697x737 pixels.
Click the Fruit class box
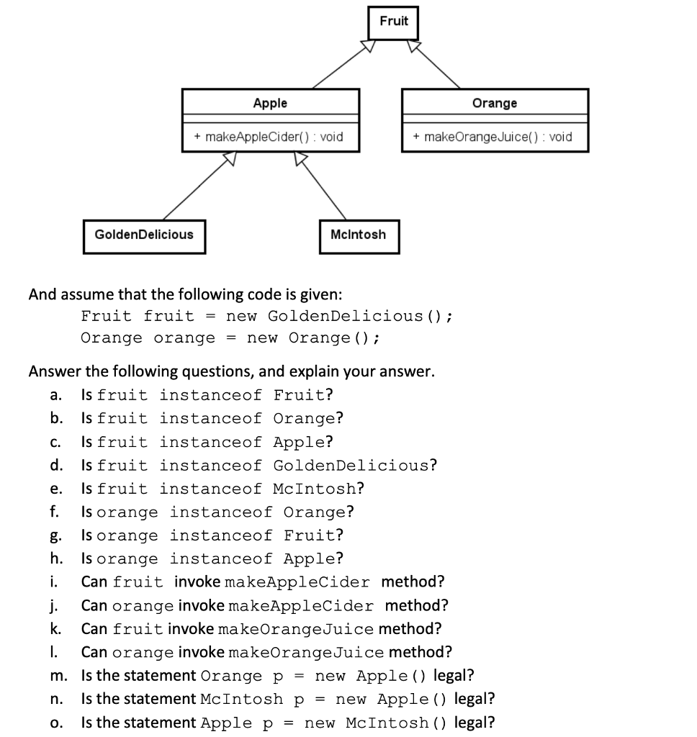(x=393, y=22)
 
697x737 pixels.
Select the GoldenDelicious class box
(x=144, y=235)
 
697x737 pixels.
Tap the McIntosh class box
(x=358, y=235)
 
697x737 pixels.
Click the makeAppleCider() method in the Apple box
(x=270, y=137)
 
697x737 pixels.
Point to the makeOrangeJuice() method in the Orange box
(x=495, y=137)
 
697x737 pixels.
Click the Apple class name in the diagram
(x=270, y=103)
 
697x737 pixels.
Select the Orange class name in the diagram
(x=495, y=103)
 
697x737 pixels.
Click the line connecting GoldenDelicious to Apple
(x=196, y=189)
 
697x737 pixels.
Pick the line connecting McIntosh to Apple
(x=324, y=189)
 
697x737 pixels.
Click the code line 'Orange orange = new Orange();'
(x=230, y=338)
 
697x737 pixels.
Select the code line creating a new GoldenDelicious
(x=266, y=316)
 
